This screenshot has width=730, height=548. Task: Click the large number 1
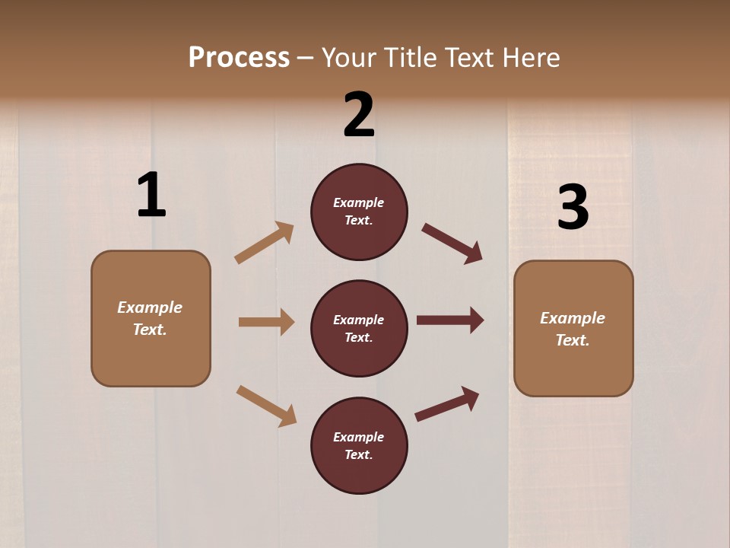click(x=151, y=195)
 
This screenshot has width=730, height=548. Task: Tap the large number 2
click(x=359, y=114)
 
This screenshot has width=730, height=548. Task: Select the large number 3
click(x=573, y=207)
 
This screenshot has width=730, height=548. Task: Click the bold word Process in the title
click(x=239, y=57)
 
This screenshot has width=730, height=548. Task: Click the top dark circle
click(x=359, y=212)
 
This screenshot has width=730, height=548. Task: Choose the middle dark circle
click(x=359, y=328)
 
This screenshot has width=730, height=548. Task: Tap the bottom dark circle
click(x=359, y=445)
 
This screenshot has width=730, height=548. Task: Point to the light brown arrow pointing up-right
click(x=265, y=243)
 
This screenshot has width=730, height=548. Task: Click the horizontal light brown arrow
click(x=266, y=322)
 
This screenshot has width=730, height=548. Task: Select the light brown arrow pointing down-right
click(x=267, y=406)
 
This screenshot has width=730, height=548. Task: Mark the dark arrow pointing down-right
click(x=452, y=244)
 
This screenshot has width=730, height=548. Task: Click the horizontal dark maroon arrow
click(x=450, y=320)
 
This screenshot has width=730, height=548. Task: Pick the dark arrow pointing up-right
click(x=447, y=404)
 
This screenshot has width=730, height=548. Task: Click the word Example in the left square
click(x=150, y=307)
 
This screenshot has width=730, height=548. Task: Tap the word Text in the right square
click(x=572, y=340)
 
